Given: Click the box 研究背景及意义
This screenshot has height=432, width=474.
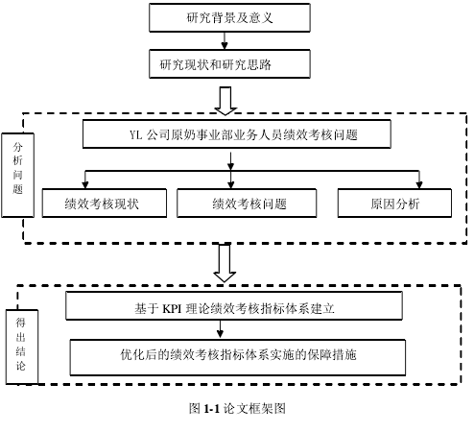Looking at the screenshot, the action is pyautogui.click(x=229, y=17).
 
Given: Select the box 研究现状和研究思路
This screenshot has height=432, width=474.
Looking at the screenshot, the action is pyautogui.click(x=229, y=63).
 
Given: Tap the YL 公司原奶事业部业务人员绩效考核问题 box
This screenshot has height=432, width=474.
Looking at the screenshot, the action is pyautogui.click(x=237, y=134).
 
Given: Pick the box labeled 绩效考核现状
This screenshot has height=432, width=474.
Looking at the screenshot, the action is pyautogui.click(x=105, y=204).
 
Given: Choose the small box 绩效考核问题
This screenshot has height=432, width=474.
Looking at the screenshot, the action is pyautogui.click(x=247, y=204).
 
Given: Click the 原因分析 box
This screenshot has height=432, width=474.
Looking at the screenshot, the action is pyautogui.click(x=394, y=204).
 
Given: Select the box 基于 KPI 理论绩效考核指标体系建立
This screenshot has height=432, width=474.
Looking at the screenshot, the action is pyautogui.click(x=234, y=306).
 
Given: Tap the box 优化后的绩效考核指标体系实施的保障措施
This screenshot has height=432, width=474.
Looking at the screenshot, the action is pyautogui.click(x=238, y=357).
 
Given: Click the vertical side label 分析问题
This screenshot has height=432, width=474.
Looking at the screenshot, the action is pyautogui.click(x=17, y=176).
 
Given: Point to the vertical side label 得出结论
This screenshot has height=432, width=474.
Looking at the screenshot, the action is pyautogui.click(x=22, y=347).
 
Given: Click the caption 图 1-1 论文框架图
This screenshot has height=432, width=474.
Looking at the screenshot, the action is pyautogui.click(x=237, y=409).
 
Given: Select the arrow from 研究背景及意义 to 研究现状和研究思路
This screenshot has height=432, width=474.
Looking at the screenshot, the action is pyautogui.click(x=225, y=40).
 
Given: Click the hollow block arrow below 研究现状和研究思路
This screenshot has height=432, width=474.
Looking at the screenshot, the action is pyautogui.click(x=225, y=101).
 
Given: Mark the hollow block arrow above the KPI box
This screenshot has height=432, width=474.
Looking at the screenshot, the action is pyautogui.click(x=225, y=263).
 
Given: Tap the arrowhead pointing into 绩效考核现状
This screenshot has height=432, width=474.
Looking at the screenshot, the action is pyautogui.click(x=85, y=185).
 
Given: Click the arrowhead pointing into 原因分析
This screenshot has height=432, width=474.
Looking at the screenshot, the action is pyautogui.click(x=419, y=185).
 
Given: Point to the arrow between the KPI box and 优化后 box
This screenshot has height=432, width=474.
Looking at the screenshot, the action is pyautogui.click(x=220, y=329).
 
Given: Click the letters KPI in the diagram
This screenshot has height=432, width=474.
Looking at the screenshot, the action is pyautogui.click(x=172, y=309).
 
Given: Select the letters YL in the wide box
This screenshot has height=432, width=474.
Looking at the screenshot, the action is pyautogui.click(x=135, y=134).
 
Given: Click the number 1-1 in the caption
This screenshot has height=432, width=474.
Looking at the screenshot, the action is pyautogui.click(x=211, y=409).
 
